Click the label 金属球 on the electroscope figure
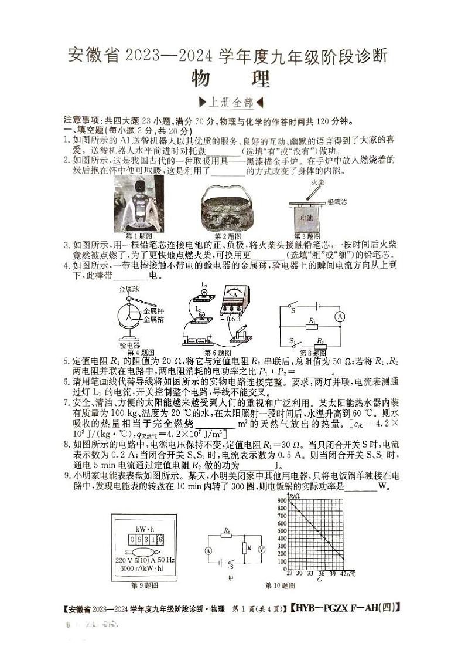coord(128,289)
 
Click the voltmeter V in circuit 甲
coord(262,550)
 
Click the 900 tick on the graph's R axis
coord(282,500)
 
